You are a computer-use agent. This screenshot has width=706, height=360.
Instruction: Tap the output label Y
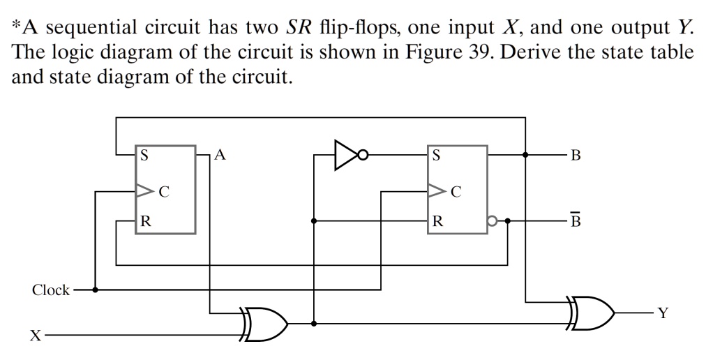click(663, 314)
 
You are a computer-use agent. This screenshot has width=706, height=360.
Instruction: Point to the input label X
click(33, 336)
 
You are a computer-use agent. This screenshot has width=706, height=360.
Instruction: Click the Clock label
click(50, 290)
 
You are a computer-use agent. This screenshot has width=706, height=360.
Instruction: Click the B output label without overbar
click(575, 156)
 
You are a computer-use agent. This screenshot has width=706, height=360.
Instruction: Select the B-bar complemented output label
click(575, 222)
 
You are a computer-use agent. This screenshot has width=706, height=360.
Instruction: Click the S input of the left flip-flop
click(144, 156)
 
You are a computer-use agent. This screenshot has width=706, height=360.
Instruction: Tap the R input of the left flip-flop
click(144, 223)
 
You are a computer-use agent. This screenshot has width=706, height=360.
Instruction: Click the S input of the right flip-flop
click(436, 156)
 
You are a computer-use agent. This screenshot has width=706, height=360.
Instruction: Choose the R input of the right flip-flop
click(437, 223)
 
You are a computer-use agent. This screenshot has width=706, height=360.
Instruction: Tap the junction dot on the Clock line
click(94, 289)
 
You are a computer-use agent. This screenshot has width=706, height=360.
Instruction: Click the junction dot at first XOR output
click(315, 324)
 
